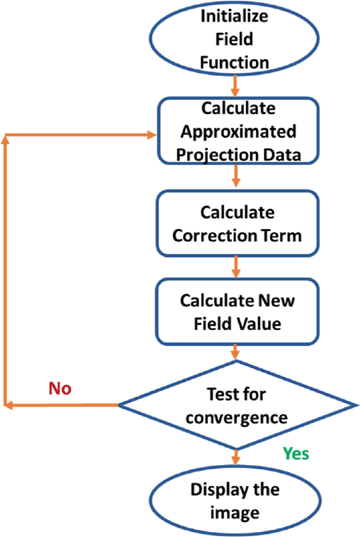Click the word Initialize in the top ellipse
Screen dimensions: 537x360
(234, 16)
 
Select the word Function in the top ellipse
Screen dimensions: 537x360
(234, 63)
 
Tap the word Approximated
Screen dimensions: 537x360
(238, 132)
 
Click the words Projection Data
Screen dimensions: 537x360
(238, 155)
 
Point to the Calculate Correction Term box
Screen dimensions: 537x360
(237, 223)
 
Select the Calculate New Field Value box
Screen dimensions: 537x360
(237, 312)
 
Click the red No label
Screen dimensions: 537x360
(60, 389)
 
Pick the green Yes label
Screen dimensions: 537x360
(296, 453)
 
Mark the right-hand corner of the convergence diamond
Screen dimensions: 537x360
(353, 405)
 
